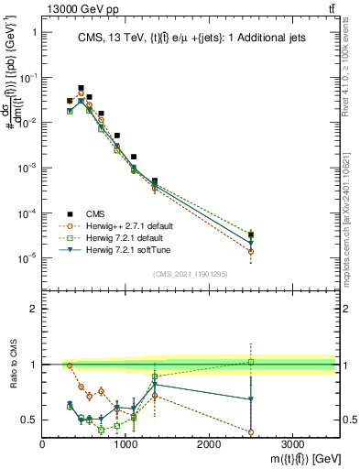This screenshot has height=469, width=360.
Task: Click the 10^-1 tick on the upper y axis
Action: click(28, 78)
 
